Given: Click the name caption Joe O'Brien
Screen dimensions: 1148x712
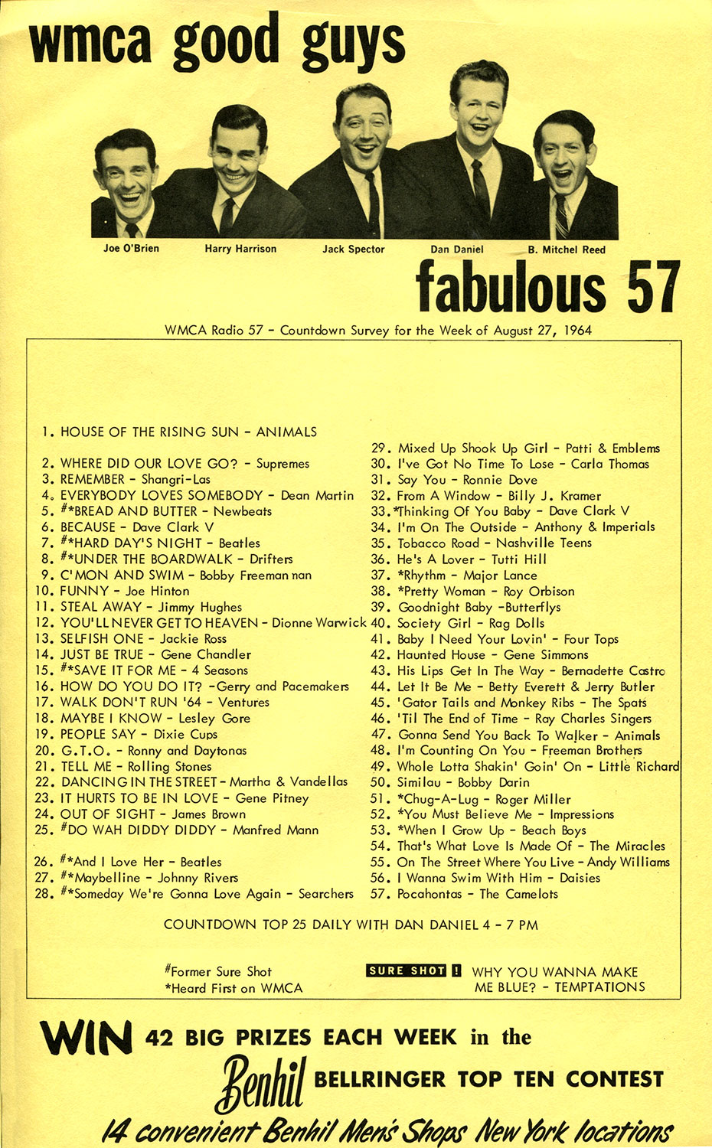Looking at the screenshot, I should [131, 249].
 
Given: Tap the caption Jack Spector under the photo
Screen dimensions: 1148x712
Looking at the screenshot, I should [353, 249].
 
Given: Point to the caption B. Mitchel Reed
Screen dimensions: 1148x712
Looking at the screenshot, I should [566, 250].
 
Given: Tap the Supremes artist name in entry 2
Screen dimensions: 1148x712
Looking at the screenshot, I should [283, 464].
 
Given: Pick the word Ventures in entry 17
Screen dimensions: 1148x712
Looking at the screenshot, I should [243, 703].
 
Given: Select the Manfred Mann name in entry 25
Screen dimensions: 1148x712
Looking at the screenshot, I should [276, 830].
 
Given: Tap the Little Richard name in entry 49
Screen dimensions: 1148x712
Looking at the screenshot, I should [639, 767].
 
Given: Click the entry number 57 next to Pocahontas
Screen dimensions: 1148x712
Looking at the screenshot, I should [380, 894].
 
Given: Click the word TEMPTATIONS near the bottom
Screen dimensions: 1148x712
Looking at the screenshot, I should [599, 987].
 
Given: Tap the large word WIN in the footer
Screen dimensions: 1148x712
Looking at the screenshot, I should [86, 1039].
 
